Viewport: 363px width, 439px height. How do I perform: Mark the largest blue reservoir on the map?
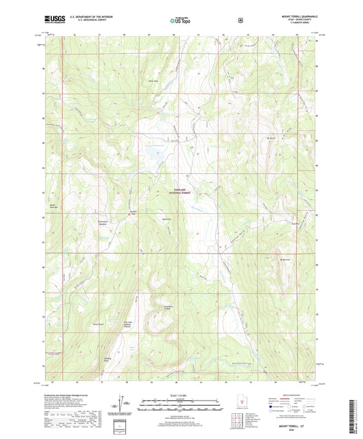click(x=153, y=157)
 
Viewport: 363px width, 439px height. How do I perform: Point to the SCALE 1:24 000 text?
click(x=180, y=395)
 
